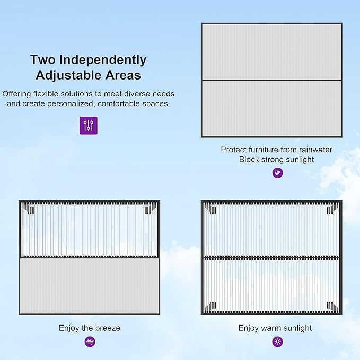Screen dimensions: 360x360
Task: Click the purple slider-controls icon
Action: (89, 125)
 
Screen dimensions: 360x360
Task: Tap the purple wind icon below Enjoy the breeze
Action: (90, 341)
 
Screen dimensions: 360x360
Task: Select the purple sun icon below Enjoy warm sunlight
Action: (278, 341)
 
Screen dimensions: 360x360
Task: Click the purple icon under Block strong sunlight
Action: (278, 173)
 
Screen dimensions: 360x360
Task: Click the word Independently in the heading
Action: (103, 60)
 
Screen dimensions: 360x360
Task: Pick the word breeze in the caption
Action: (108, 328)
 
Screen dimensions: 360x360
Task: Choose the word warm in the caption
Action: (270, 328)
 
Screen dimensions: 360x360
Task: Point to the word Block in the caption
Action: (249, 160)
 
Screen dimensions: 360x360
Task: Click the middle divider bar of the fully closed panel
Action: (271, 80)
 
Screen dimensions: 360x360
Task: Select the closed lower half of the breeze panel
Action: (90, 286)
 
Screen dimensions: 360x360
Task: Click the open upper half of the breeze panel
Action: (90, 230)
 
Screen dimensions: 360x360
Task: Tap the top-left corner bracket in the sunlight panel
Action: (210, 209)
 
